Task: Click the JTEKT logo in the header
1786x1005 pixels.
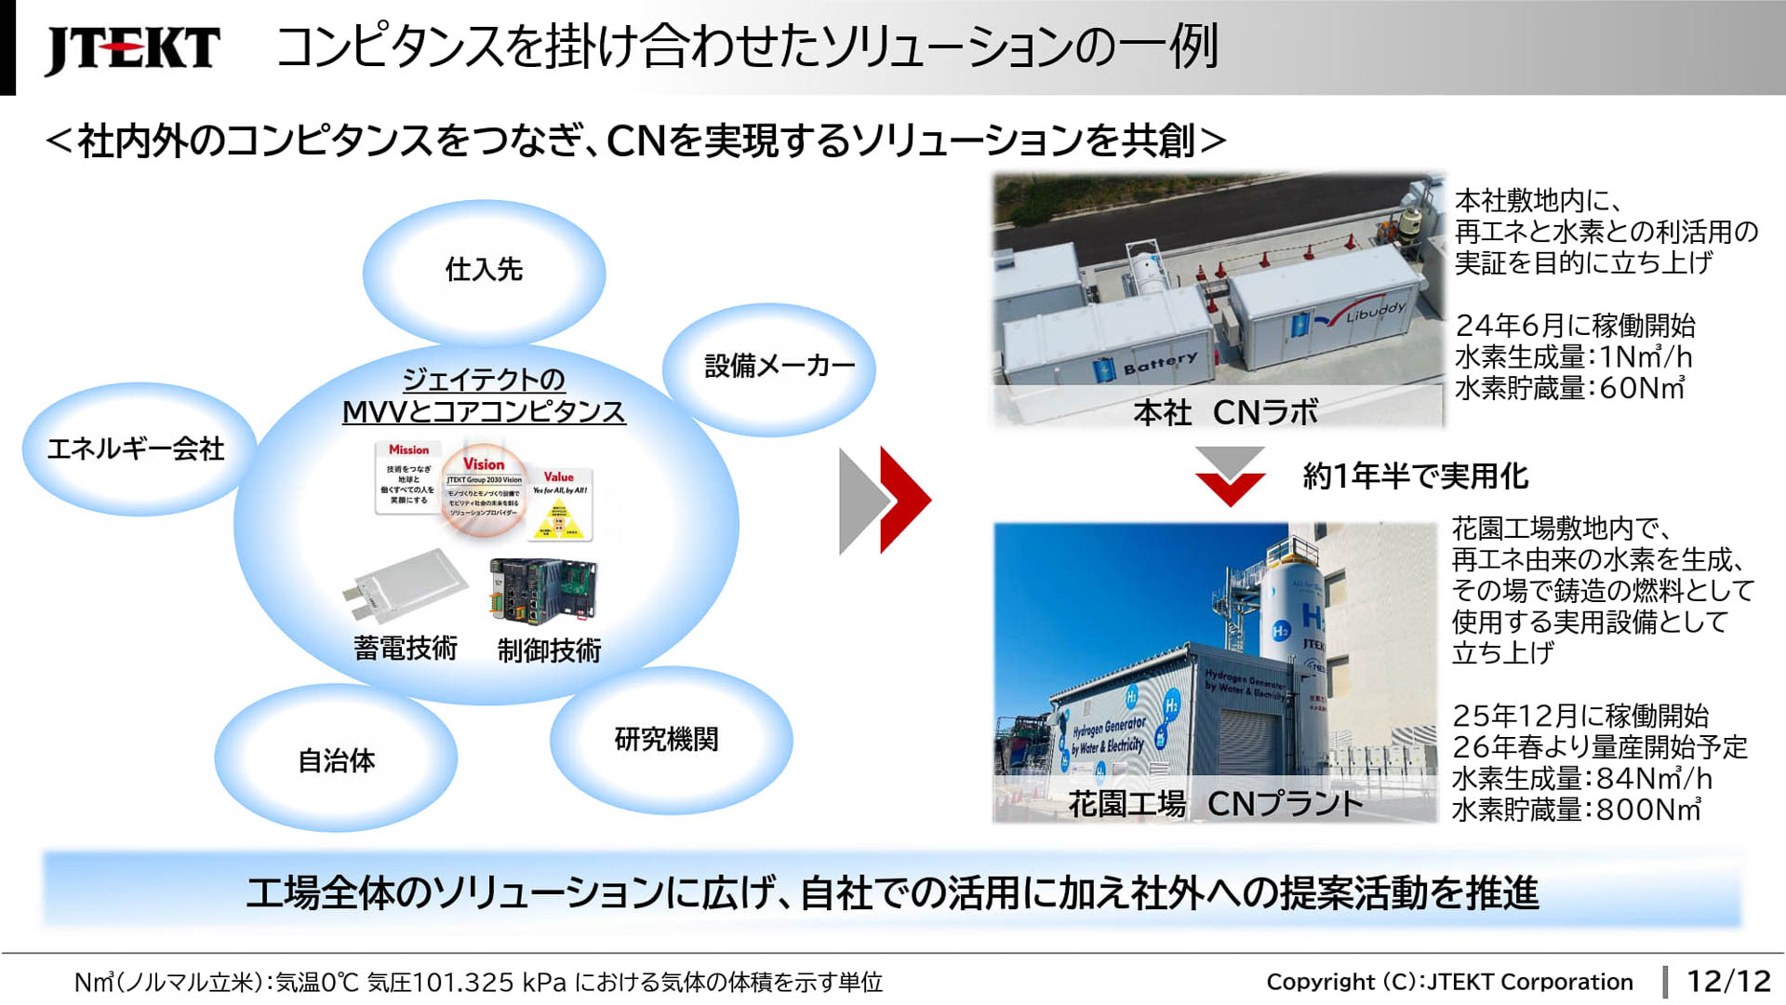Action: tap(132, 48)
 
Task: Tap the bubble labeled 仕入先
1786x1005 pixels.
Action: tap(484, 270)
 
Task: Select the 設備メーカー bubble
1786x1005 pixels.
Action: tap(780, 366)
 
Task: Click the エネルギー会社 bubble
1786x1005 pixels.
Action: tap(136, 449)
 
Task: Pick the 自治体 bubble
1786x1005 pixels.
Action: tap(337, 760)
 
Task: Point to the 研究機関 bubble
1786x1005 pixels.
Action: tap(666, 740)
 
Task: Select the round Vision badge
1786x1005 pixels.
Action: tap(484, 489)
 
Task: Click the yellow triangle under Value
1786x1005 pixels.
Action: tap(558, 521)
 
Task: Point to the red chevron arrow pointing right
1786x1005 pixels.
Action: tap(905, 500)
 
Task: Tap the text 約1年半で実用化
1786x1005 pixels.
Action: tap(1416, 476)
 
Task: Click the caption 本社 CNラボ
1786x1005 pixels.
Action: tap(1225, 412)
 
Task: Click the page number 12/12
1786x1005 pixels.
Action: tap(1728, 981)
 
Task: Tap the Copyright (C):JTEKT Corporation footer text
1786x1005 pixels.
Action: tap(1449, 982)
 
